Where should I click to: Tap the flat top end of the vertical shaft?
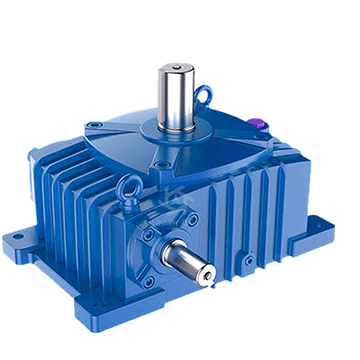[175, 67]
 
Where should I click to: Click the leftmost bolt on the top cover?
[92, 128]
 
